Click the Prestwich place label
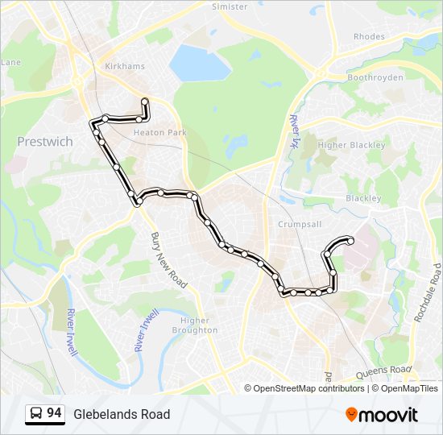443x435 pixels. point(45,142)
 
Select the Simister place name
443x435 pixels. point(230,6)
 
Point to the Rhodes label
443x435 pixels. point(369,36)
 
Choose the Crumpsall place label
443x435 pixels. point(300,224)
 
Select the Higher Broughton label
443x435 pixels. point(195,325)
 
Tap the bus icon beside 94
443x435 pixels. point(36,414)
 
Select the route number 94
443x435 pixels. point(54,413)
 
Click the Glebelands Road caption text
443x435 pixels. point(122,414)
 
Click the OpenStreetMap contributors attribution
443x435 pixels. point(308,388)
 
